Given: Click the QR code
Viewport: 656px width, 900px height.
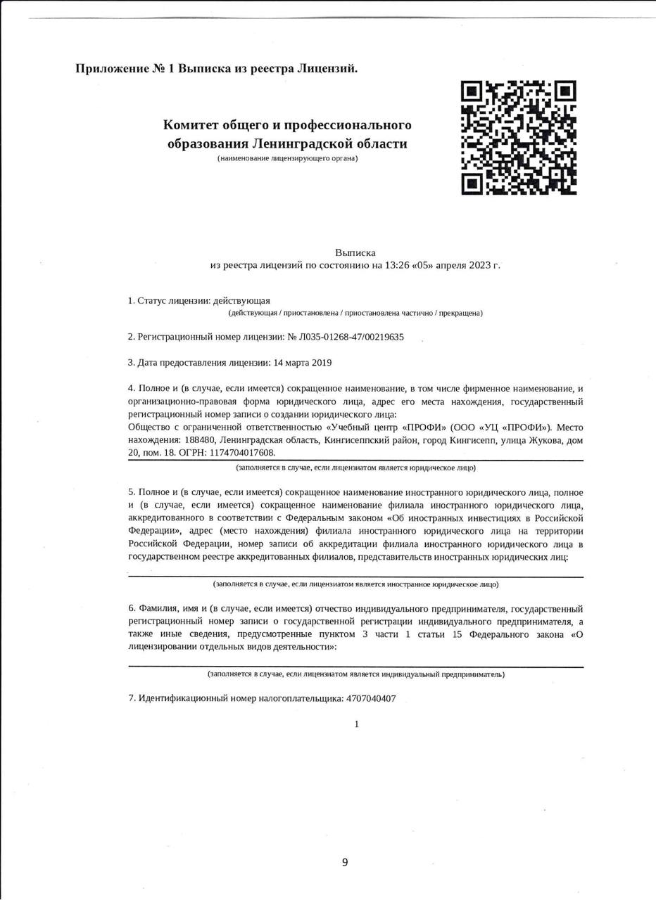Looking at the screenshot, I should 519,137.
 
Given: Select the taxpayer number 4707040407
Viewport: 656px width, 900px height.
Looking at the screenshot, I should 371,699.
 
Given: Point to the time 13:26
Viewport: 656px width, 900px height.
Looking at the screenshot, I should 396,265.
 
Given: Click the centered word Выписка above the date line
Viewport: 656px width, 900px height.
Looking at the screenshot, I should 355,252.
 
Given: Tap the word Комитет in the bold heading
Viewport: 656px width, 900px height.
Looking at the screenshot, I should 190,125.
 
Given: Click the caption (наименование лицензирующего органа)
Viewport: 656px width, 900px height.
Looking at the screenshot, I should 287,158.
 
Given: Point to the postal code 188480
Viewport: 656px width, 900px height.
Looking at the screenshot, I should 199,440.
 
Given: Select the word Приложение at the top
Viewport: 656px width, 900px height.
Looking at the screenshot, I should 112,68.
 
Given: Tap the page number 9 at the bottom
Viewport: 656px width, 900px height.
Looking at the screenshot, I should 345,863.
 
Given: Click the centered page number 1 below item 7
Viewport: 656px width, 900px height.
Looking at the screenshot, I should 357,724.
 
